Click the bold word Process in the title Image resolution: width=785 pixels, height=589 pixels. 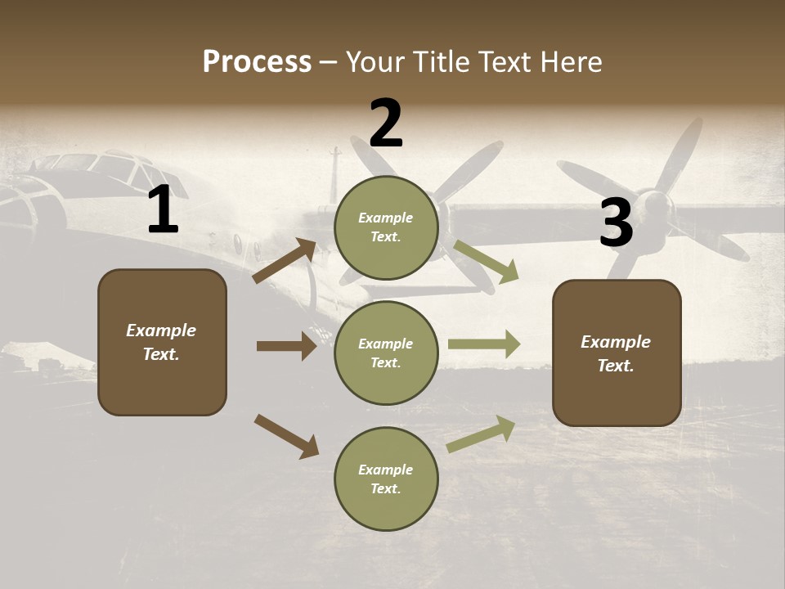coord(257,62)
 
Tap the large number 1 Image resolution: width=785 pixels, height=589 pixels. coord(163,211)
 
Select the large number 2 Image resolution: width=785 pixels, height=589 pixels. coord(386,124)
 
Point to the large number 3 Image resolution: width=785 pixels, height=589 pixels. coord(616,223)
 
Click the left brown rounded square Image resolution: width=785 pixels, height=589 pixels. coord(162,342)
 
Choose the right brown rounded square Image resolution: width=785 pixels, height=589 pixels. coord(617,353)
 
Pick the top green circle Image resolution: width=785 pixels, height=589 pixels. coord(386,227)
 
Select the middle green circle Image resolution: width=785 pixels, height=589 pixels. coord(386,353)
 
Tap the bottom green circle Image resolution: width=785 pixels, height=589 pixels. coord(386,479)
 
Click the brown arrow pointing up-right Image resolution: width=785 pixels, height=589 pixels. coord(285,261)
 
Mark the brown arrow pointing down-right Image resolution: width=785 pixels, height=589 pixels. coord(286,436)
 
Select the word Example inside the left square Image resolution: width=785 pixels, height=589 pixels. coord(161,330)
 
